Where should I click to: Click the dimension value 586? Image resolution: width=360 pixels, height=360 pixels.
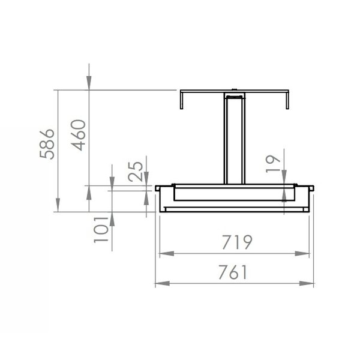47,144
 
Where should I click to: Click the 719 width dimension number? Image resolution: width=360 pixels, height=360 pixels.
235,242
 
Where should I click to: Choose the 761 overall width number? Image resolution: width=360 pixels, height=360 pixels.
233,273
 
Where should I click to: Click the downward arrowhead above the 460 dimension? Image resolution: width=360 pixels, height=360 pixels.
89,85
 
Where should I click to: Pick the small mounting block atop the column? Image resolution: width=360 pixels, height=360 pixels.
234,95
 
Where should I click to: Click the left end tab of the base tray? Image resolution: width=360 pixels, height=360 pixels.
158,188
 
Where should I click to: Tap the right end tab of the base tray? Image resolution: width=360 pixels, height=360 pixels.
311,188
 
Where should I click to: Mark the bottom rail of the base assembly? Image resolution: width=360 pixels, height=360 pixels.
234,209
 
